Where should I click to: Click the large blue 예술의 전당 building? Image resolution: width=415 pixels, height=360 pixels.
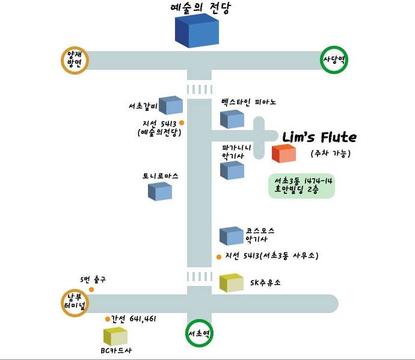point(197,31)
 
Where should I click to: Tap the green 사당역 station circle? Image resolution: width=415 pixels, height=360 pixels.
point(334,60)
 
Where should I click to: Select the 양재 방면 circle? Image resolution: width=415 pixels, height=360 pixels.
point(75,60)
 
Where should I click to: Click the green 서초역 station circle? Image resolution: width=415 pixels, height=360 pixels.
point(199,334)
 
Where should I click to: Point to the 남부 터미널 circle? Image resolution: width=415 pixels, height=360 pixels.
point(75,303)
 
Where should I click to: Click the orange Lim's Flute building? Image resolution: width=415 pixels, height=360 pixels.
point(284,154)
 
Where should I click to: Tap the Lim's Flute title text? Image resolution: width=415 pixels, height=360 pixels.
point(319,137)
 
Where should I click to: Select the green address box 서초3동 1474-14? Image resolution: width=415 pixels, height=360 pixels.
point(302,186)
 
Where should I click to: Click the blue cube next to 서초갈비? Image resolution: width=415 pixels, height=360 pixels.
point(171,105)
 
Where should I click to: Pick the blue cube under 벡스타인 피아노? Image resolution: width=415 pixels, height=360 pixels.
point(232,119)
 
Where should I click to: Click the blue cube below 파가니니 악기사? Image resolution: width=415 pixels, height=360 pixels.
point(232,170)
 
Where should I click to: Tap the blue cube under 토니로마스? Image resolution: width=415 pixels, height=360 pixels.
point(160,191)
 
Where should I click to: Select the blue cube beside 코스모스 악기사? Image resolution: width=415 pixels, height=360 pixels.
point(232,236)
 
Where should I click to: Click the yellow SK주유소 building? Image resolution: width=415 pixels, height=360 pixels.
point(232,283)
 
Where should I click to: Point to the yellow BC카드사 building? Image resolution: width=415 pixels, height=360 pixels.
point(115,337)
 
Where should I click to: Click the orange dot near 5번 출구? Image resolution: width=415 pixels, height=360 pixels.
point(91,290)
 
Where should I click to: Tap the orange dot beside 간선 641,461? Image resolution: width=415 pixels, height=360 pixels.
point(108,319)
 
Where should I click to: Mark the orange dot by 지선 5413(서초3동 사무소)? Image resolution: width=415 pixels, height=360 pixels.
point(219,257)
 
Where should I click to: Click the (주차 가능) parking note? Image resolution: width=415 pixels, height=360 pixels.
point(331,153)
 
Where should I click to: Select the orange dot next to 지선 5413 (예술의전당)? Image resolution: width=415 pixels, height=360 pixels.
point(182,123)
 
